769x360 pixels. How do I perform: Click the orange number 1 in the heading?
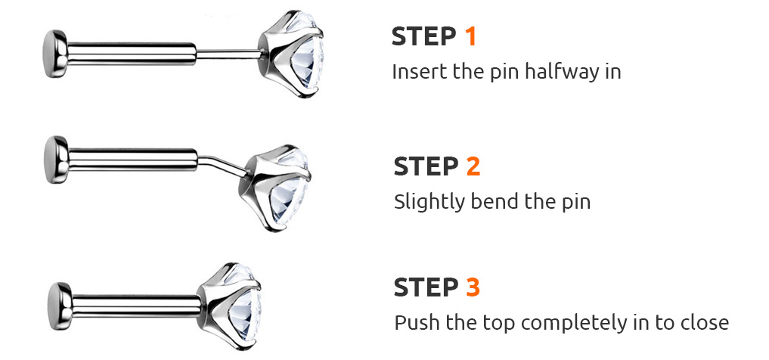pyautogui.click(x=470, y=37)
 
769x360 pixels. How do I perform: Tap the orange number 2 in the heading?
pyautogui.click(x=473, y=166)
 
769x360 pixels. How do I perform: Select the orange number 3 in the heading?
pyautogui.click(x=473, y=287)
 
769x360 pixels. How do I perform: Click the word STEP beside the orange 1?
pyautogui.click(x=424, y=37)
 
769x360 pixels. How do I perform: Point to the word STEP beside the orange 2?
pyautogui.click(x=426, y=166)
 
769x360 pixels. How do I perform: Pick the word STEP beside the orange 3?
pyautogui.click(x=426, y=287)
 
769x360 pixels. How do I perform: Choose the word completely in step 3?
pyautogui.click(x=577, y=324)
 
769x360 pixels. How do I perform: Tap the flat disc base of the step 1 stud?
pyautogui.click(x=55, y=54)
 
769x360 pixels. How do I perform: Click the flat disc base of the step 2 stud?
pyautogui.click(x=56, y=160)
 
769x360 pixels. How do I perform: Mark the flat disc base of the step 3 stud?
pyautogui.click(x=60, y=306)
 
